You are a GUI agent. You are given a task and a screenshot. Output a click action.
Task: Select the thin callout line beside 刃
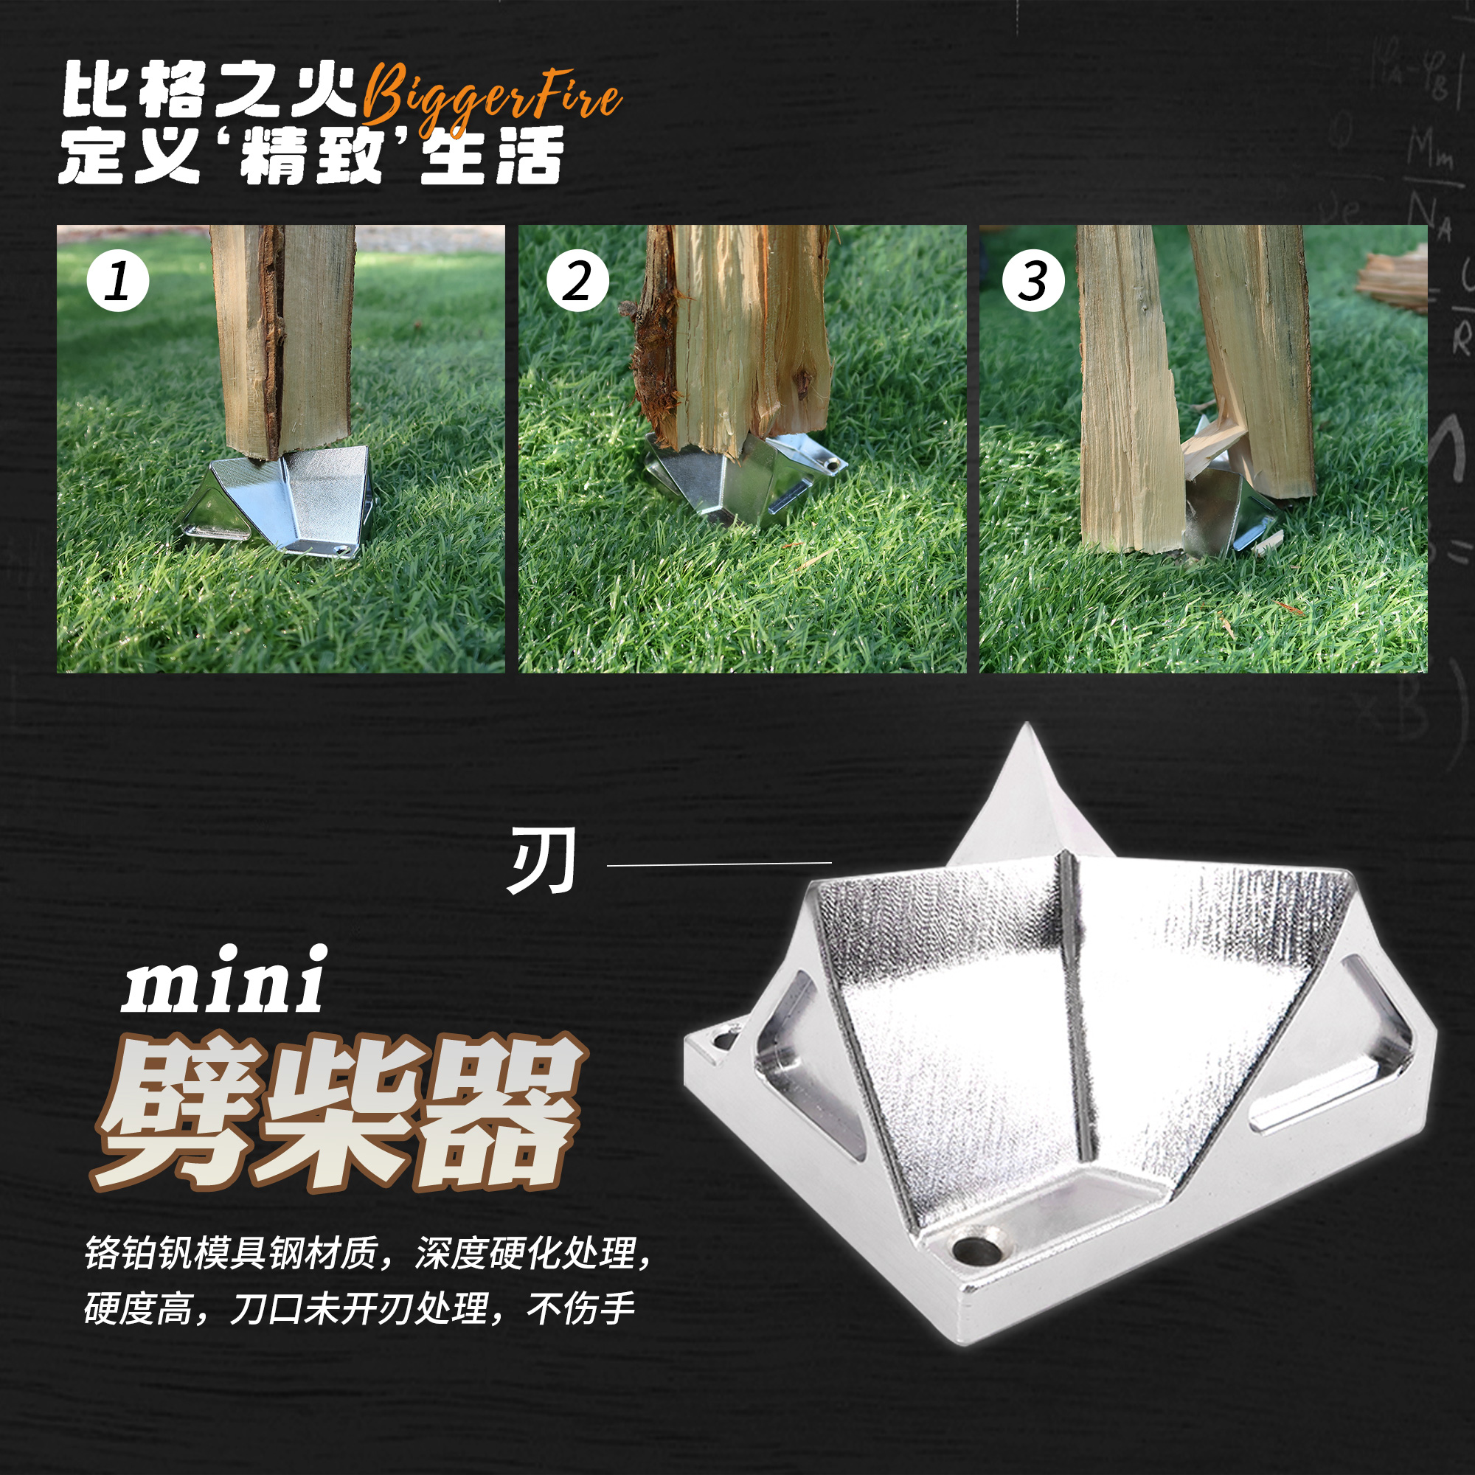click(718, 864)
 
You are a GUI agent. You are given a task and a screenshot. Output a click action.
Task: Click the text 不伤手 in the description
click(581, 1308)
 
